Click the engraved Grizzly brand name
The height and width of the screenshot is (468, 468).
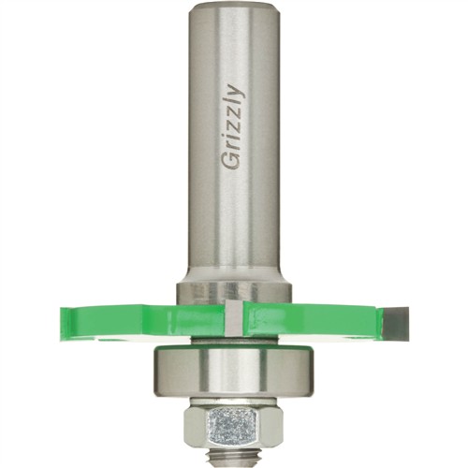point(233,126)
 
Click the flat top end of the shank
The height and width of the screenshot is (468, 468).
point(235,8)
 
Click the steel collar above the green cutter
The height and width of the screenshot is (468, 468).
point(234,292)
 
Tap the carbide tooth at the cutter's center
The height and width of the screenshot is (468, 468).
point(233,318)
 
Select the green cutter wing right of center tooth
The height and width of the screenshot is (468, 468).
point(312,321)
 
